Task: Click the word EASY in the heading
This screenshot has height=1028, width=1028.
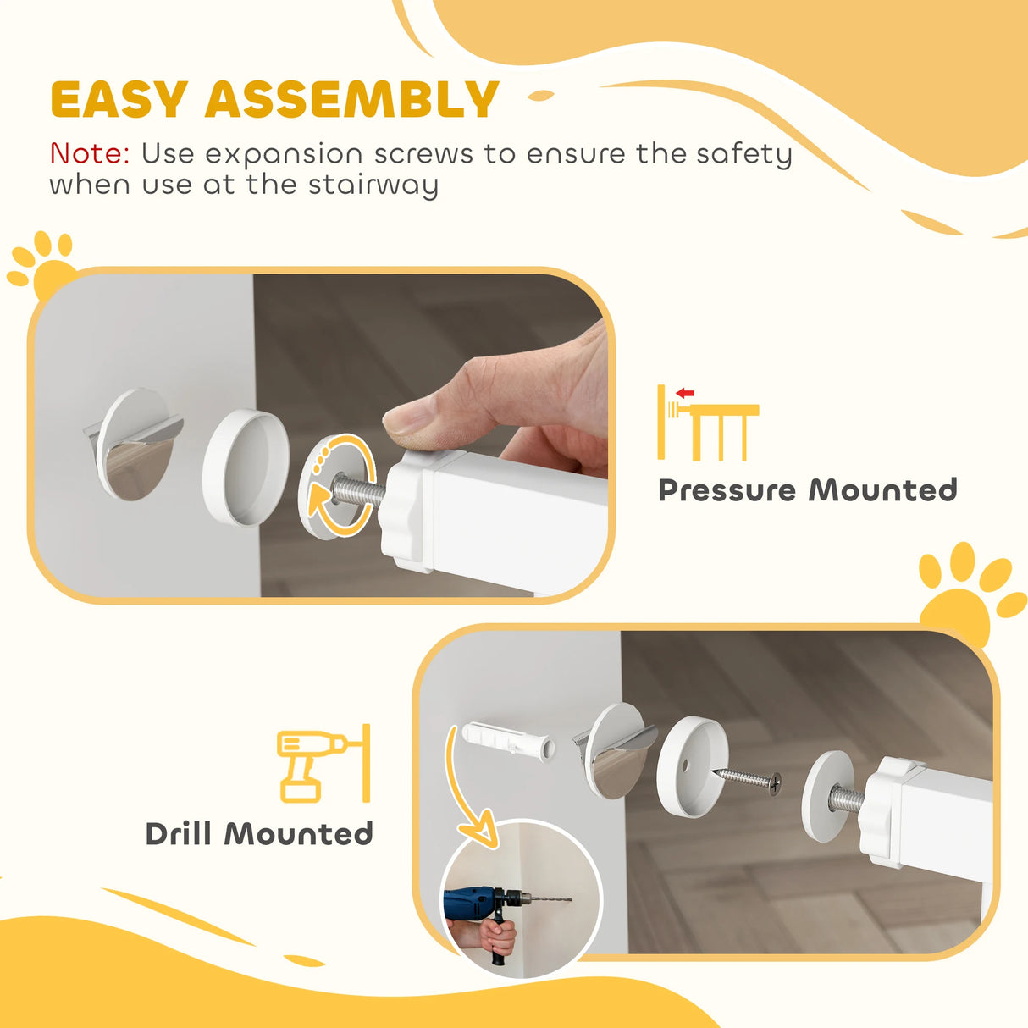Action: [119, 100]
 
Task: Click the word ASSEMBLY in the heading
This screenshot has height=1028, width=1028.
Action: [351, 100]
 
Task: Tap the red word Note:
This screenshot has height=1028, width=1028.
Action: [90, 154]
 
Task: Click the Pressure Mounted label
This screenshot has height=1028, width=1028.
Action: [807, 490]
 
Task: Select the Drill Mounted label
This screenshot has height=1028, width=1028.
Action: [259, 834]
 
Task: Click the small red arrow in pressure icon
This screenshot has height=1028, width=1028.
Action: [685, 393]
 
